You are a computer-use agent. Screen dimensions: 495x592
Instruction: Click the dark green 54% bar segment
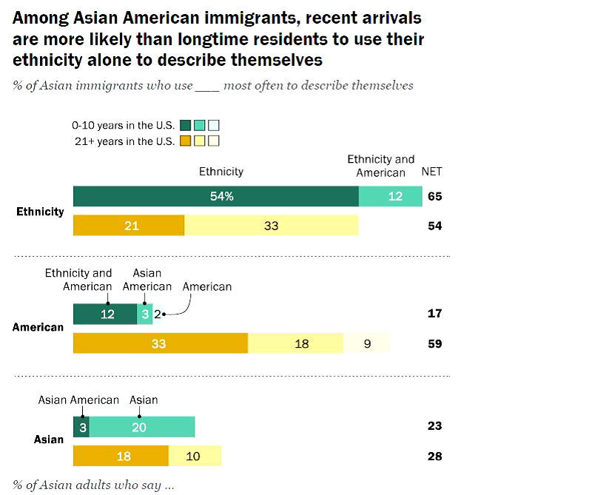coord(216,196)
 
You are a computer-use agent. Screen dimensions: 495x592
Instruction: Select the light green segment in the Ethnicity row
coord(390,196)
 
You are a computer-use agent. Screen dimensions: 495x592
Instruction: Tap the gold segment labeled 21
coord(129,226)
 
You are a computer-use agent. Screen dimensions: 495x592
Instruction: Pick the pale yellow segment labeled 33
coord(271,226)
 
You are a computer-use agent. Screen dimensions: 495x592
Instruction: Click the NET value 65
coord(434,197)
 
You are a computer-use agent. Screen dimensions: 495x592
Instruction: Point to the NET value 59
coord(434,343)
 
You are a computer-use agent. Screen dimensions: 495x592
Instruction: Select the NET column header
coord(431,172)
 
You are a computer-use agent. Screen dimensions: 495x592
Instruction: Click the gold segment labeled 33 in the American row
coord(161,343)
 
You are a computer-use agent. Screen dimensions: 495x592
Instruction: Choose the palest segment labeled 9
coord(367,343)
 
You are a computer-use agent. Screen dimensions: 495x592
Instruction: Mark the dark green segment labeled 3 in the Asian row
coord(81,427)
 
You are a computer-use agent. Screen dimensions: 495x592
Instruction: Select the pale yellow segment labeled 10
coord(195,456)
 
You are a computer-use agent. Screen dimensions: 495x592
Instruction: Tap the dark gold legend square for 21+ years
coord(186,141)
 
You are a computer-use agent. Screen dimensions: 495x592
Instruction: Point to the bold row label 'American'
coord(38,327)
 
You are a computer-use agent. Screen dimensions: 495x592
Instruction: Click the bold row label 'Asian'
coord(49,440)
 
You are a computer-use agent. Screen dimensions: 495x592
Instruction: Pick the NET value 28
coord(434,456)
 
